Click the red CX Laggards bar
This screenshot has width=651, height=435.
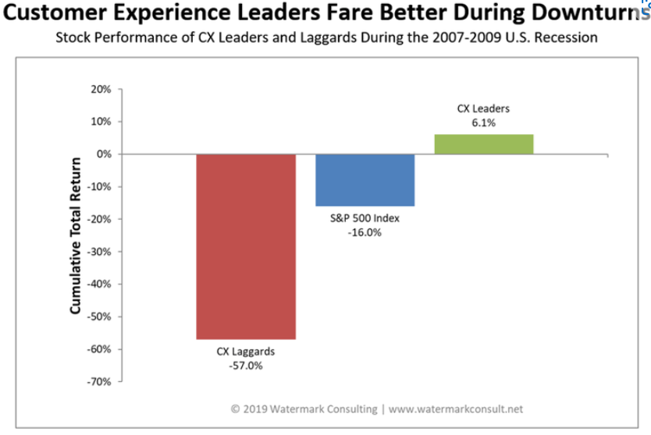pos(246,246)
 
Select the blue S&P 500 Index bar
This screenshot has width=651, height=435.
pos(365,180)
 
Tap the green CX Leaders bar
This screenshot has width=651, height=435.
pos(484,144)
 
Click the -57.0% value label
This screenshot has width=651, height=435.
pos(246,366)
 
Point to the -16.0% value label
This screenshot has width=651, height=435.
pos(365,232)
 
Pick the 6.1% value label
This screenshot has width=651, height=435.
pos(483,123)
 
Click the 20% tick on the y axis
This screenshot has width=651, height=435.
pos(101,90)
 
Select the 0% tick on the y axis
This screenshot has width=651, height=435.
pos(104,154)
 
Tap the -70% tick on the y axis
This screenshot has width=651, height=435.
pos(100,382)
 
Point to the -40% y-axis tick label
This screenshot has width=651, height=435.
pos(100,285)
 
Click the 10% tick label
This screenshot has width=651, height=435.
pos(101,122)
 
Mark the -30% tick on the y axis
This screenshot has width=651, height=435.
pos(100,252)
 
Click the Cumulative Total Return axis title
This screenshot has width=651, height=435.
pos(76,235)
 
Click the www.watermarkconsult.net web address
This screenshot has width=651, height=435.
pos(456,408)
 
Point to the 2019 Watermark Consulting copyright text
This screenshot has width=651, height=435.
pos(304,408)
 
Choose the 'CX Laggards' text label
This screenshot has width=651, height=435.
pos(246,352)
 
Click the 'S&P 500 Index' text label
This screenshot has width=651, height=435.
pos(365,218)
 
